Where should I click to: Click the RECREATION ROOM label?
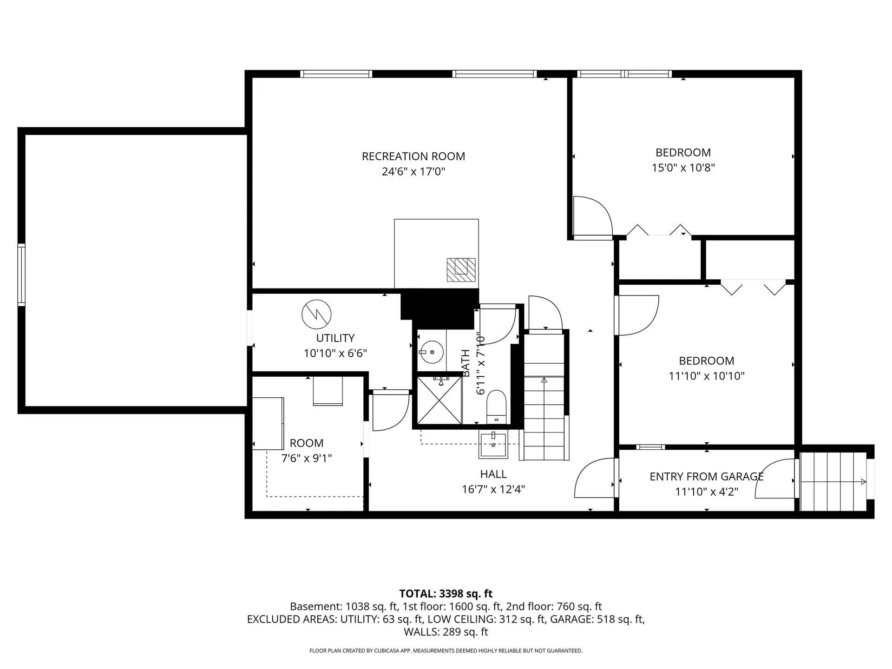click(413, 157)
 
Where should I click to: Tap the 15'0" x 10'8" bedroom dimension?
click(683, 168)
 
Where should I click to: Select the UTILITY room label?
click(335, 338)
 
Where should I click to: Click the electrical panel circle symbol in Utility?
click(316, 315)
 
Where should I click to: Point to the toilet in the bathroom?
click(497, 407)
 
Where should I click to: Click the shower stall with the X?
click(439, 400)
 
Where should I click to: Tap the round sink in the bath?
click(432, 352)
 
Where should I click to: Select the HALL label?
click(493, 474)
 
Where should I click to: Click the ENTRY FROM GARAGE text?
click(706, 477)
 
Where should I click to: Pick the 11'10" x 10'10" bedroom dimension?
click(706, 376)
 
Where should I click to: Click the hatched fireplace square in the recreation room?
click(461, 270)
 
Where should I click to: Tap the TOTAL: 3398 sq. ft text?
click(446, 594)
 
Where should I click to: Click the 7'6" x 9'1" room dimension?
click(307, 459)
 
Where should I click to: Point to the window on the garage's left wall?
click(21, 275)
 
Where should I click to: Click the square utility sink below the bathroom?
click(493, 445)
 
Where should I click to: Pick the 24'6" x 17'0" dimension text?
click(413, 172)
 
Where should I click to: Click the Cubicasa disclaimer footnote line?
click(446, 651)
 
